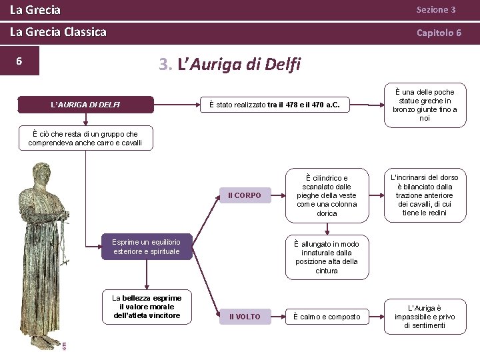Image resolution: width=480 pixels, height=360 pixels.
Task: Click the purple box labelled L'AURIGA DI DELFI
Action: [86, 105]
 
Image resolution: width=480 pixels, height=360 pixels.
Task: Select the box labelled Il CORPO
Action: [245, 195]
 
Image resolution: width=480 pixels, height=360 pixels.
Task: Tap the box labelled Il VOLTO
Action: [245, 316]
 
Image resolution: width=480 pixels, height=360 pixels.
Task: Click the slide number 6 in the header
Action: [19, 61]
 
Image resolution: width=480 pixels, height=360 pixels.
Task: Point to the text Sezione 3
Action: [436, 10]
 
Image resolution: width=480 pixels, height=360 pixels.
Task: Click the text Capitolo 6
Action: [439, 32]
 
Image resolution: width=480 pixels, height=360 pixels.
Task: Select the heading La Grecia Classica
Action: [58, 32]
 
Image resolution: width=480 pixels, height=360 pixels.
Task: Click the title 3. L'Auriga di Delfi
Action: [230, 64]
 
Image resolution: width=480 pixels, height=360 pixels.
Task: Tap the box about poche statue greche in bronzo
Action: [425, 105]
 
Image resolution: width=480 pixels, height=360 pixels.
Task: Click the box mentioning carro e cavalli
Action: [85, 139]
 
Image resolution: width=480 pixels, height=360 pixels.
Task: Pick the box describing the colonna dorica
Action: [327, 196]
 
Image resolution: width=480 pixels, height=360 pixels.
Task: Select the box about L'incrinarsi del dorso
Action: [425, 195]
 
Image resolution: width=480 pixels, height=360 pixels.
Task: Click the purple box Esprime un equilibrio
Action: [147, 246]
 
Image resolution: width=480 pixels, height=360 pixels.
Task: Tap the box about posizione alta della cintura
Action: [327, 257]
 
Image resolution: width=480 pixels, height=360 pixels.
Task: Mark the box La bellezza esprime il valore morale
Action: [147, 306]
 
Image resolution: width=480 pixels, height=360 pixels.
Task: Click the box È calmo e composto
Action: [327, 316]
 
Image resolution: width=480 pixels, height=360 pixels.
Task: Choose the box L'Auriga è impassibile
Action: [425, 317]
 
